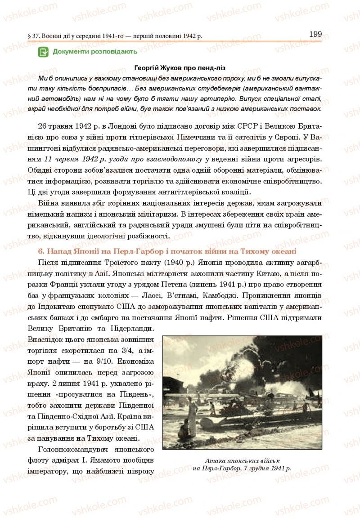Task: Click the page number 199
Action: tap(315, 34)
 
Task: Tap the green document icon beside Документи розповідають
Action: tap(44, 52)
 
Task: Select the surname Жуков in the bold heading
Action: tap(169, 68)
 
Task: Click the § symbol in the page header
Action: tap(29, 36)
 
